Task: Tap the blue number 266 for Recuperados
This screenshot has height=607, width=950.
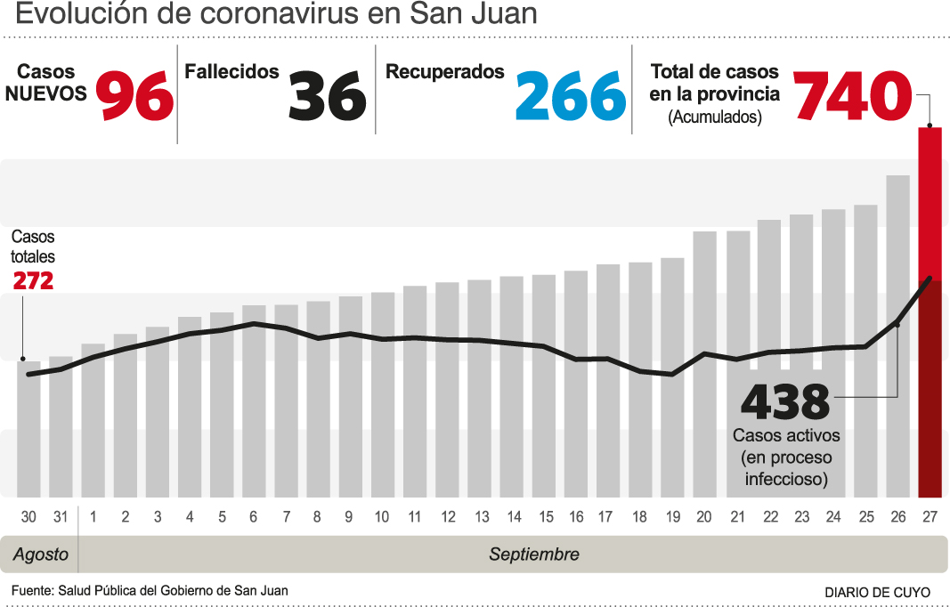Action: (x=571, y=96)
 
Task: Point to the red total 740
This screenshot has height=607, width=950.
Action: (x=852, y=96)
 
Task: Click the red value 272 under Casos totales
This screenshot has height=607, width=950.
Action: (x=33, y=281)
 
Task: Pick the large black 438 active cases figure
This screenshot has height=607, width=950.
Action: (x=785, y=403)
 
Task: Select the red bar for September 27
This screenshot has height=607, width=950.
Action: (x=930, y=312)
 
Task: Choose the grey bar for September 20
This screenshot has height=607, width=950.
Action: (x=704, y=364)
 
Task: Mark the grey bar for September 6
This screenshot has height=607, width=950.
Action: (x=254, y=401)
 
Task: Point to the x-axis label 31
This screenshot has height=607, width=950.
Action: (x=61, y=517)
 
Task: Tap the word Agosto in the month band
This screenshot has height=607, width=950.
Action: (x=41, y=554)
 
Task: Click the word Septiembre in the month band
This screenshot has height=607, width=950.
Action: (x=534, y=554)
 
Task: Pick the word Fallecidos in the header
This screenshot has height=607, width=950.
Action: (x=231, y=72)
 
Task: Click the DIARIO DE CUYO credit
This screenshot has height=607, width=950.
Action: (x=877, y=592)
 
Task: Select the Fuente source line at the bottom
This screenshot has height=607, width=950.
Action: (x=150, y=590)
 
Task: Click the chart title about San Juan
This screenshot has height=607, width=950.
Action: (x=277, y=15)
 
